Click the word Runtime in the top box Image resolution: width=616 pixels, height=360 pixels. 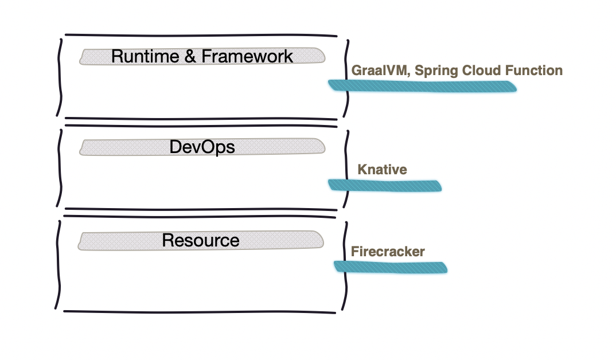click(145, 56)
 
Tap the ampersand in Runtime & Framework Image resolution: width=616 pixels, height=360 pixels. click(190, 56)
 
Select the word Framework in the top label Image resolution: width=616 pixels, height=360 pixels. click(247, 56)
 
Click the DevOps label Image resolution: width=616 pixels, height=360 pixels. click(202, 147)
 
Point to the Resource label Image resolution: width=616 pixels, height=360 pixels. click(200, 240)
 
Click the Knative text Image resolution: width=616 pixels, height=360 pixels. click(382, 170)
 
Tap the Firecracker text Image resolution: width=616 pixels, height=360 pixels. click(388, 252)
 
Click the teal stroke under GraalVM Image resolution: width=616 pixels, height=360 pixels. click(422, 86)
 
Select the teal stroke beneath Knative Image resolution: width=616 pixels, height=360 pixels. click(385, 185)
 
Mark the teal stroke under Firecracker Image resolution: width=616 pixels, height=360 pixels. click(391, 267)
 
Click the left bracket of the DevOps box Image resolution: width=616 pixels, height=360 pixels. click(60, 168)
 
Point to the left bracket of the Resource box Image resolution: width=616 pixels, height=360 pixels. click(59, 265)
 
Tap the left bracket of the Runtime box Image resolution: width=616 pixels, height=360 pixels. click(60, 78)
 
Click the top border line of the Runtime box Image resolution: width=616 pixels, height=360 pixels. click(201, 36)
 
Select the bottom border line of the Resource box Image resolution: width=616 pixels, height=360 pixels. click(200, 312)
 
